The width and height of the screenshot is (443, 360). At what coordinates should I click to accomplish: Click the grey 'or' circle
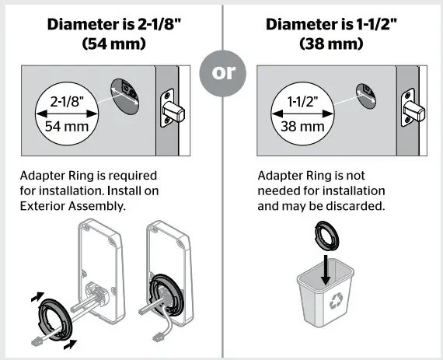222,73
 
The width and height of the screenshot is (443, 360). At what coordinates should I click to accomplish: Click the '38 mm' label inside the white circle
302,126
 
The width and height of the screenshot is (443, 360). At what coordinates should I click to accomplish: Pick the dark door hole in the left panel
125,94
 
